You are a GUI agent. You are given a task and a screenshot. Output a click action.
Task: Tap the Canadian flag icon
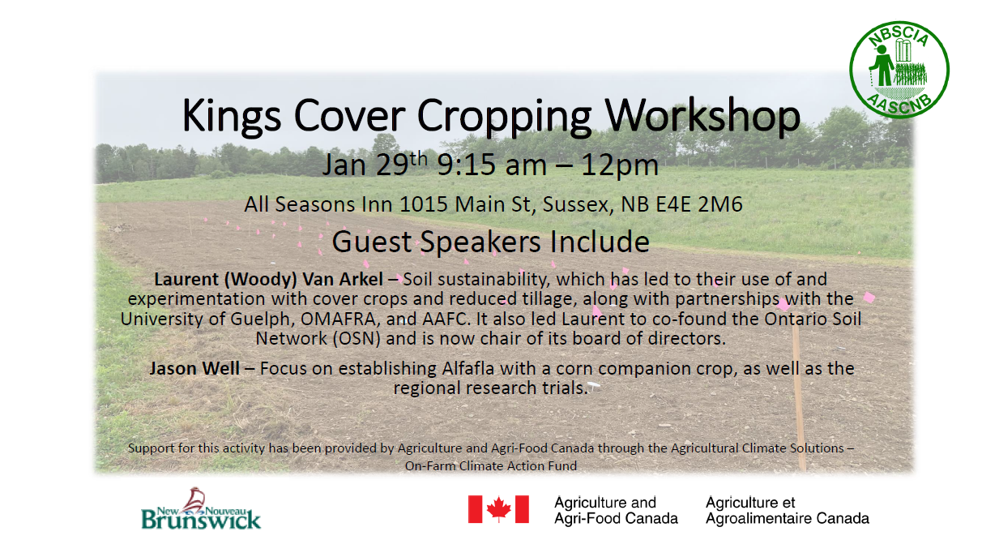pyautogui.click(x=498, y=509)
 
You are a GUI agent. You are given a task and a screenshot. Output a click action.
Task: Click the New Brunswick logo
pyautogui.click(x=201, y=508)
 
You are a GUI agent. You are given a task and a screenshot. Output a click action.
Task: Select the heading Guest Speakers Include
pyautogui.click(x=491, y=241)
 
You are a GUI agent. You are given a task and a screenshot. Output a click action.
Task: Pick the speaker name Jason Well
pyautogui.click(x=194, y=369)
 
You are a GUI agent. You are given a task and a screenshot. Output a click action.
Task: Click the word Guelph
pyautogui.click(x=250, y=319)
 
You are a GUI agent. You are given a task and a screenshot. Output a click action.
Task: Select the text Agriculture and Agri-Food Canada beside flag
pyautogui.click(x=615, y=510)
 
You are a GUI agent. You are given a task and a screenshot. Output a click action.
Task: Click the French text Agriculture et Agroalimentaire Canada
pyautogui.click(x=787, y=510)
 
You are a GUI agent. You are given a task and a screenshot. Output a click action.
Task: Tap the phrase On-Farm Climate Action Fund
pyautogui.click(x=491, y=466)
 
